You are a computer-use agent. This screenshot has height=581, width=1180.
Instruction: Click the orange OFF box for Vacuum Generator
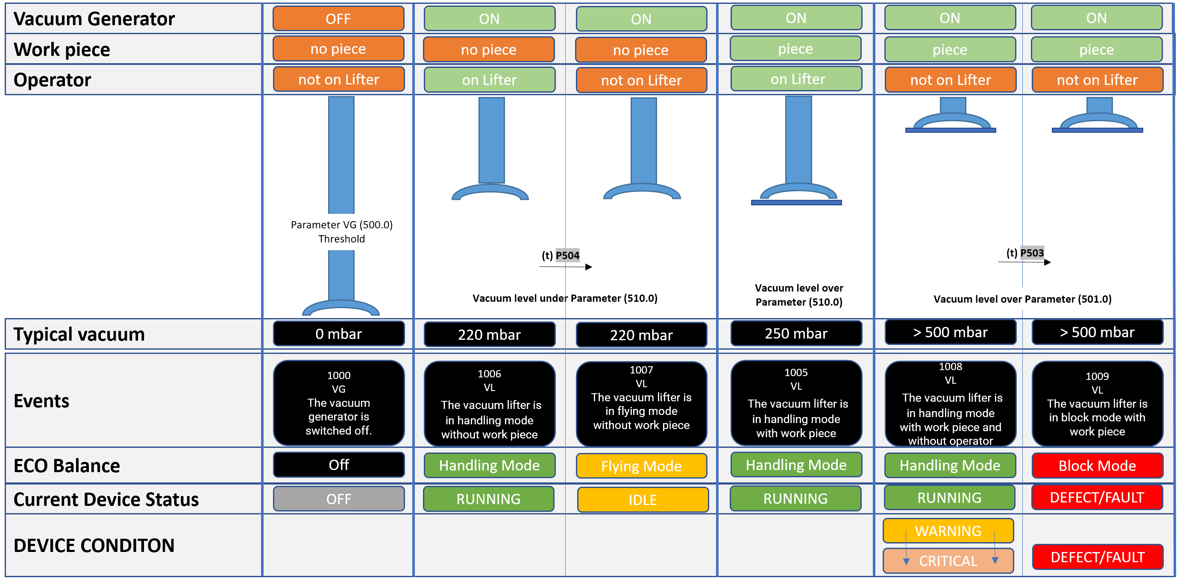(x=338, y=19)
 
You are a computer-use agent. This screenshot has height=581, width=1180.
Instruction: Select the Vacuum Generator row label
(x=94, y=19)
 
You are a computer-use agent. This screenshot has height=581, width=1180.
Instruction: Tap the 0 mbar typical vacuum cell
(x=338, y=334)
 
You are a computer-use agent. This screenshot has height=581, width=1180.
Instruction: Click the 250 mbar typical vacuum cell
(x=795, y=333)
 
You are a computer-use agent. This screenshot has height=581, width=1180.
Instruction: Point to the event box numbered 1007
(x=641, y=403)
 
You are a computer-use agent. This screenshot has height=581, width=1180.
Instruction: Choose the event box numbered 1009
(x=1097, y=403)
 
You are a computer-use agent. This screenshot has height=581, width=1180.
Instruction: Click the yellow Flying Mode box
(x=641, y=466)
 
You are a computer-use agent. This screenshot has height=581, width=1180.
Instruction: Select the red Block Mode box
(x=1097, y=466)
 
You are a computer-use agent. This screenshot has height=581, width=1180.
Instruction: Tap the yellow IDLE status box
(x=642, y=499)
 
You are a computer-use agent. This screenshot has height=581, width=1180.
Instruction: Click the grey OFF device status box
(x=338, y=499)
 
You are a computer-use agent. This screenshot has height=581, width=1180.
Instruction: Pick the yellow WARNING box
(x=948, y=531)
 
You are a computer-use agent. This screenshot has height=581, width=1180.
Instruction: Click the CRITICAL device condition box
(x=948, y=561)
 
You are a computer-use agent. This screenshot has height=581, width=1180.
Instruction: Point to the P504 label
(x=567, y=255)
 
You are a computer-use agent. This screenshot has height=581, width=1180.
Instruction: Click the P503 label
(x=1032, y=253)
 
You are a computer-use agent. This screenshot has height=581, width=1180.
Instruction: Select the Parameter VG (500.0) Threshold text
(x=341, y=232)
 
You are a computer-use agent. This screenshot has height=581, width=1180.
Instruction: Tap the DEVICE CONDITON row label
(x=94, y=545)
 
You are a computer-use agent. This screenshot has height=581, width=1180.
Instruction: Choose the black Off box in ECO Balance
(x=338, y=465)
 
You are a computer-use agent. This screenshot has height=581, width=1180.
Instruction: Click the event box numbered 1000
(x=338, y=403)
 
